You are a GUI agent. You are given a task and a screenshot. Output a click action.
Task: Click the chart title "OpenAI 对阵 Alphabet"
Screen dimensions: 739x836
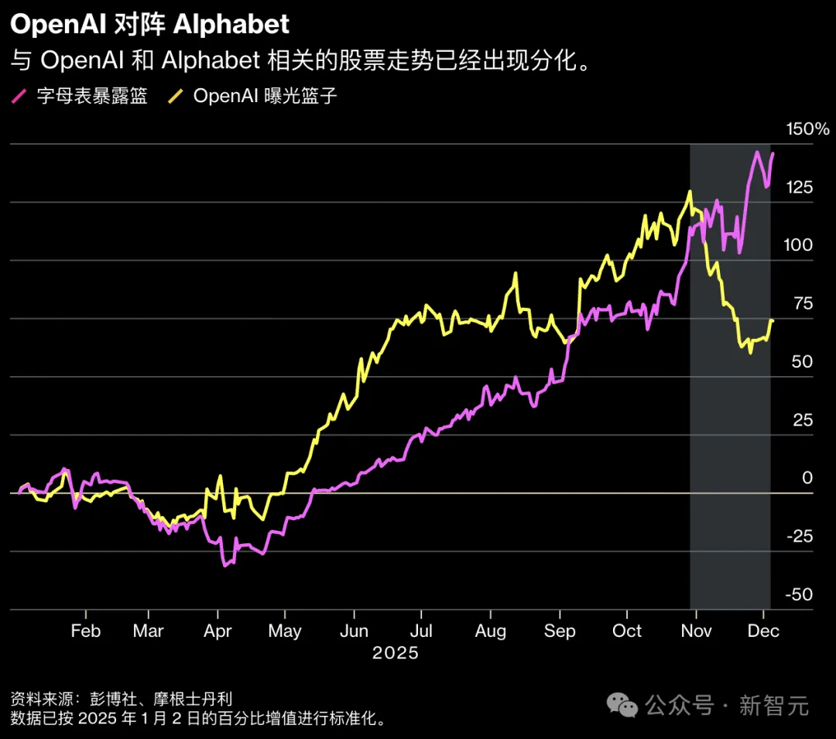pos(149,24)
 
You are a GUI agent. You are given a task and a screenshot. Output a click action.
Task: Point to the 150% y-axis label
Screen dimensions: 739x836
pos(807,129)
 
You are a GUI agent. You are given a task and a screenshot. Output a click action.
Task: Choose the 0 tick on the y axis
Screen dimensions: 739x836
pos(807,478)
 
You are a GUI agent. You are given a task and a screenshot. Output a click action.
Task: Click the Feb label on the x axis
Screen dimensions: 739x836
pos(85,631)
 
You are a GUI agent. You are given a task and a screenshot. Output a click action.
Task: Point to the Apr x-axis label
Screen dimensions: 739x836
pos(218,631)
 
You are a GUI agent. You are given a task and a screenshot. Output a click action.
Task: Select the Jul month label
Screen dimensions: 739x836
pos(421,631)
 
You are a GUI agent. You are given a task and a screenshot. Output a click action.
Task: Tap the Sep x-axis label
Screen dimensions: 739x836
pos(560,631)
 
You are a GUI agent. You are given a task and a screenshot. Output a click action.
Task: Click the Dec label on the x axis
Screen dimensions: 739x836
pos(763,631)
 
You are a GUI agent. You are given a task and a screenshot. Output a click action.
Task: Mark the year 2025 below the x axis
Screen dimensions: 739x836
pos(395,653)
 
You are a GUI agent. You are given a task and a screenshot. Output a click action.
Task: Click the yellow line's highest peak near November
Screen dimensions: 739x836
pos(689,191)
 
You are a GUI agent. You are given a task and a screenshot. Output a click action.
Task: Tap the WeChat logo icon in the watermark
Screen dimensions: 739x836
pos(622,704)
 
